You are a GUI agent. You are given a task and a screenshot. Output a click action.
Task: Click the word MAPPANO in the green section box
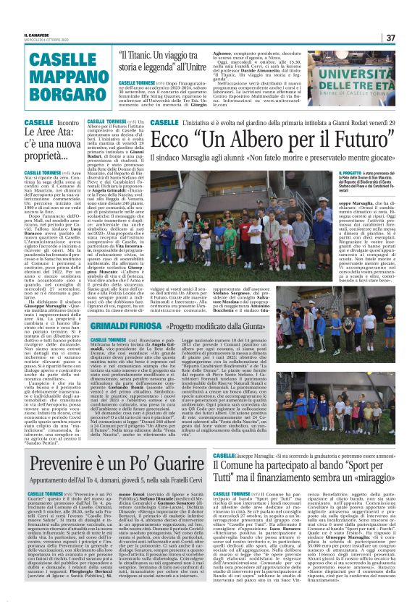[x=56, y=77]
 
